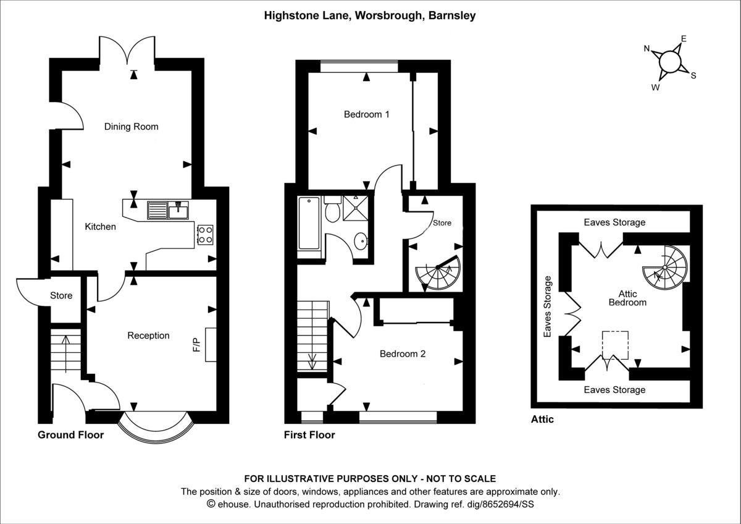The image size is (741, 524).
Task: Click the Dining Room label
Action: pos(131,127)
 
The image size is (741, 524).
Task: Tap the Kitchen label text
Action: pos(100,227)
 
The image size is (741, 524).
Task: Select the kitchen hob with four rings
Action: pos(205,234)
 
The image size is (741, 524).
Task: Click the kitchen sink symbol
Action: pos(168,211)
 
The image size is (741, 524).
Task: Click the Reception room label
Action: pos(148,336)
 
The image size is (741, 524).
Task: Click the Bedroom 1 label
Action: pos(367,114)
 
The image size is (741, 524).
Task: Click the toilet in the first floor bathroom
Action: pos(333,210)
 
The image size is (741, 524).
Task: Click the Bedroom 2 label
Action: pos(403,354)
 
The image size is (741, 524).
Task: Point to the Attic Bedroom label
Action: pos(627,298)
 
